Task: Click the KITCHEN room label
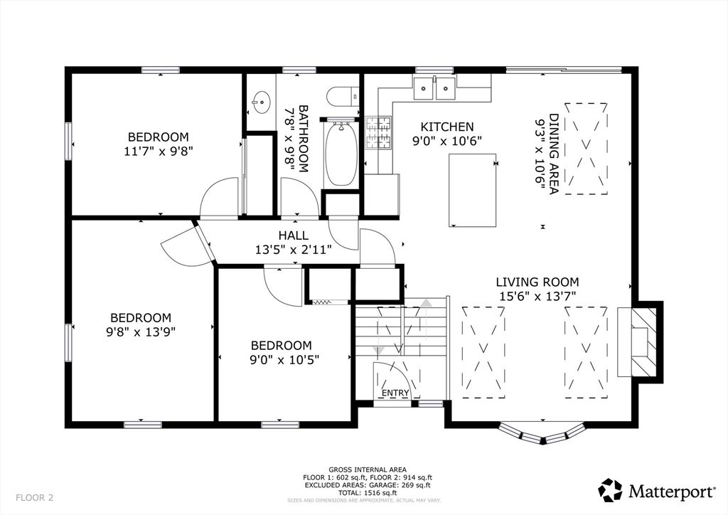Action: (446, 126)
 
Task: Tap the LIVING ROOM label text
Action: (537, 282)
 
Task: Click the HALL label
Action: (293, 235)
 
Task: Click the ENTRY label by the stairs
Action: (395, 393)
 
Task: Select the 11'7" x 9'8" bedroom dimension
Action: (158, 150)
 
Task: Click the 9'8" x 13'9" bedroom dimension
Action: (140, 331)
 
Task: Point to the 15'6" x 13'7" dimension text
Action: (537, 295)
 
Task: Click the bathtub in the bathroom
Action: (341, 154)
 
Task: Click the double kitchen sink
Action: (434, 88)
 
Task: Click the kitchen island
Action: (472, 190)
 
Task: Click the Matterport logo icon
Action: (611, 490)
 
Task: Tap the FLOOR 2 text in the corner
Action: (34, 497)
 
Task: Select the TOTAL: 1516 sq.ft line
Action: (367, 492)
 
